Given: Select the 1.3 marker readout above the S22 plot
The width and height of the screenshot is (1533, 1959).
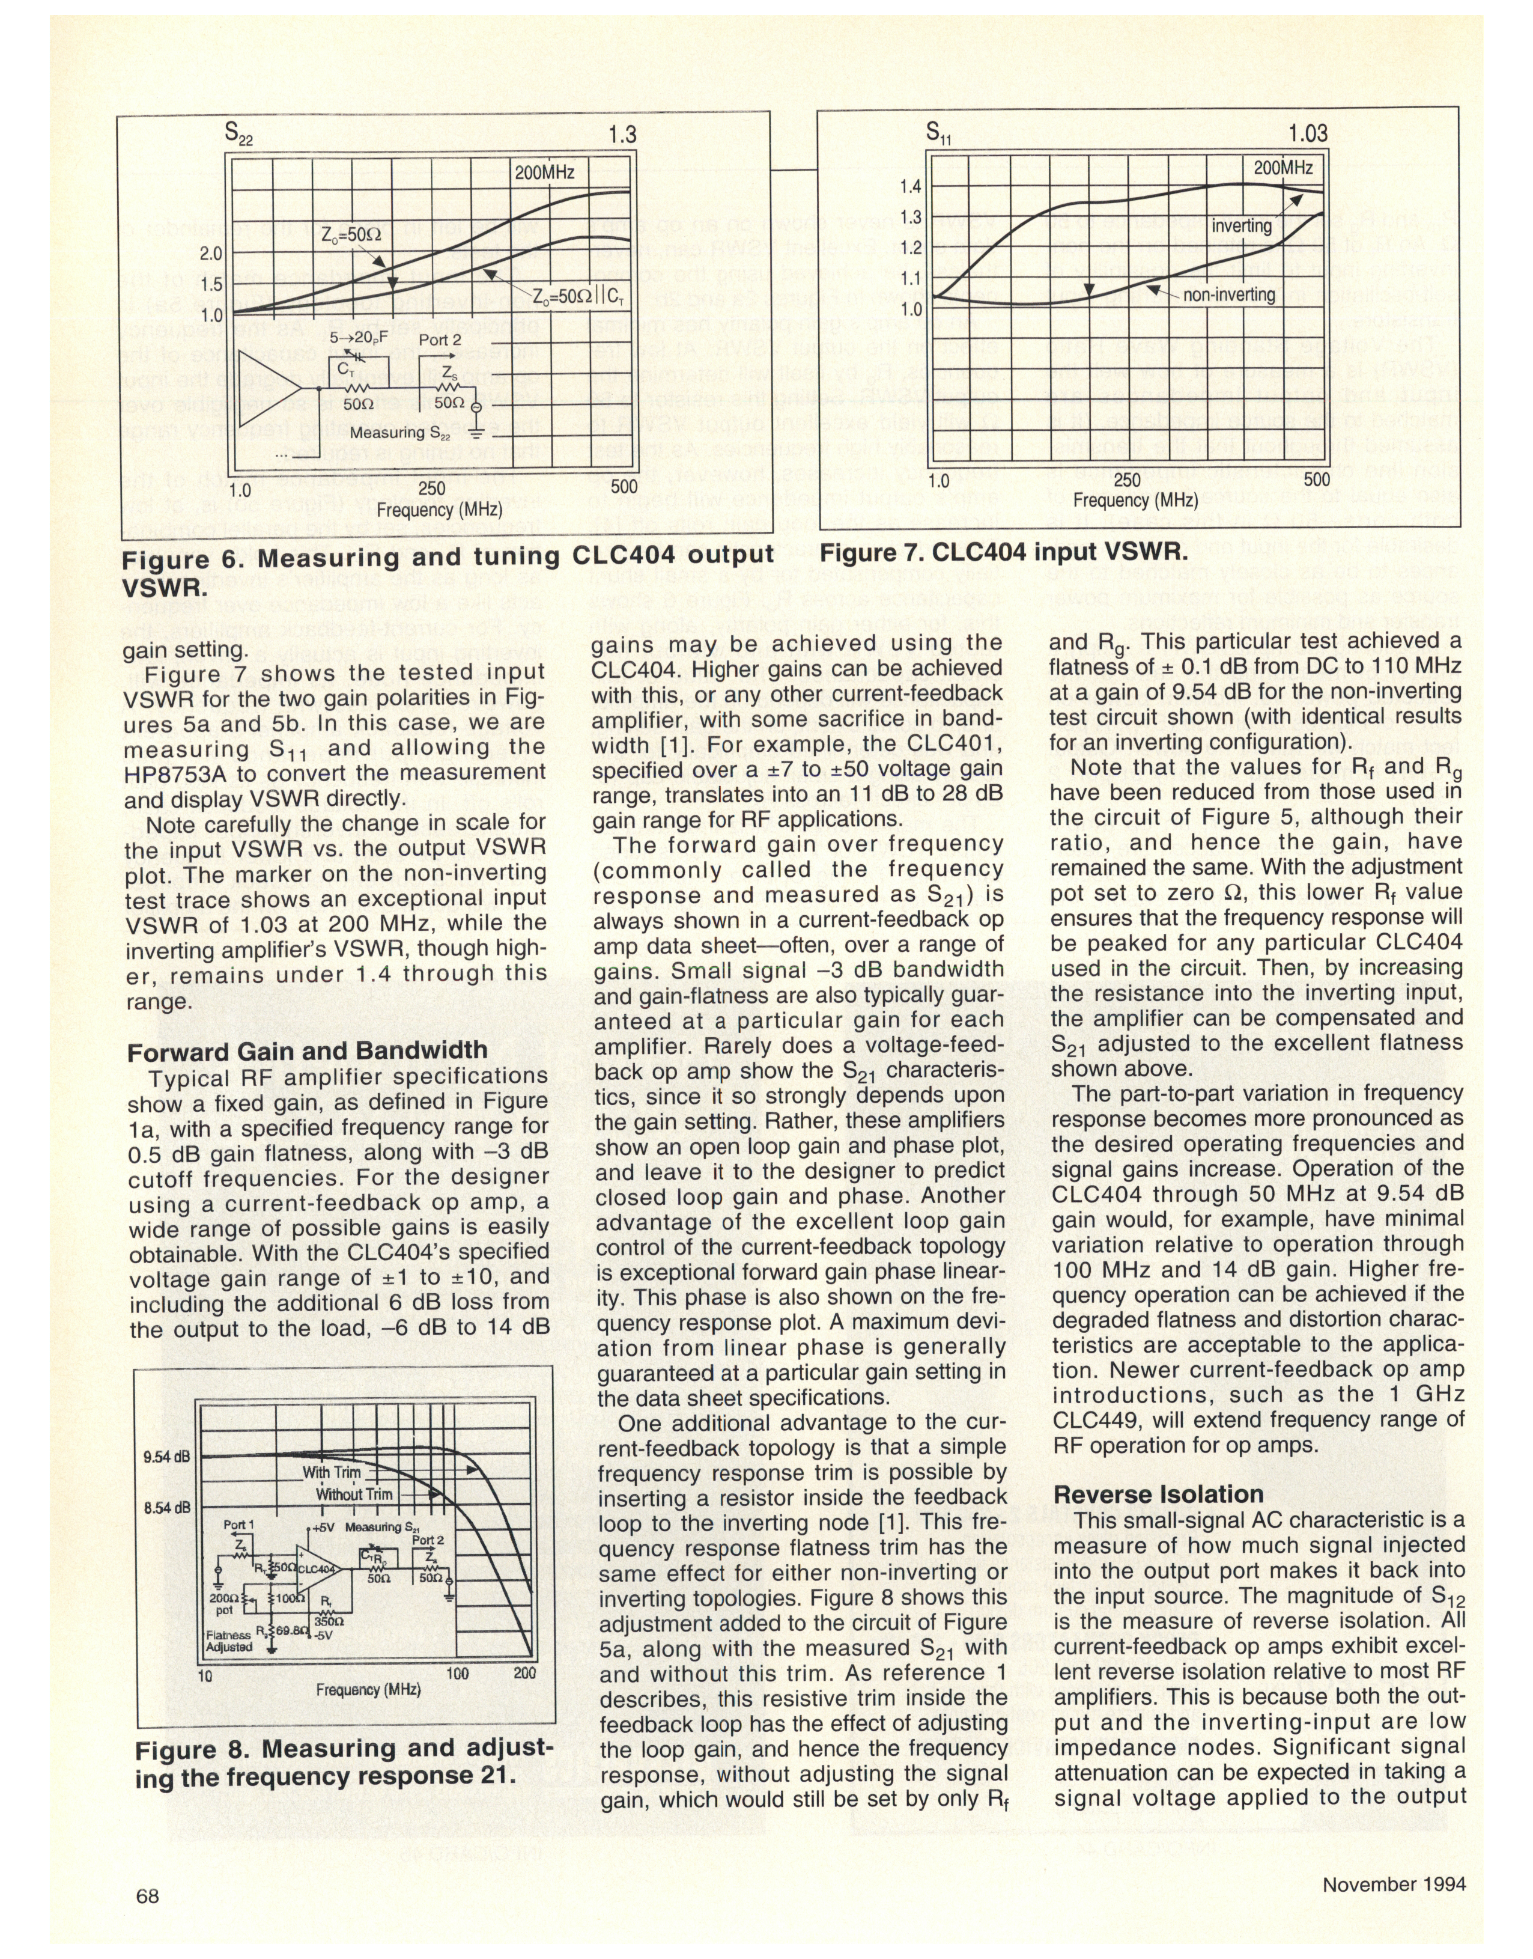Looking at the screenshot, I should [x=621, y=135].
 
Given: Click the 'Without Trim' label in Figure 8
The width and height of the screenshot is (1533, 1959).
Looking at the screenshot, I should [x=354, y=1494].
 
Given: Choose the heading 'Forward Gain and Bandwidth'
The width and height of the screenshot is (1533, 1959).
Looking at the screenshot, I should [x=307, y=1052].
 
